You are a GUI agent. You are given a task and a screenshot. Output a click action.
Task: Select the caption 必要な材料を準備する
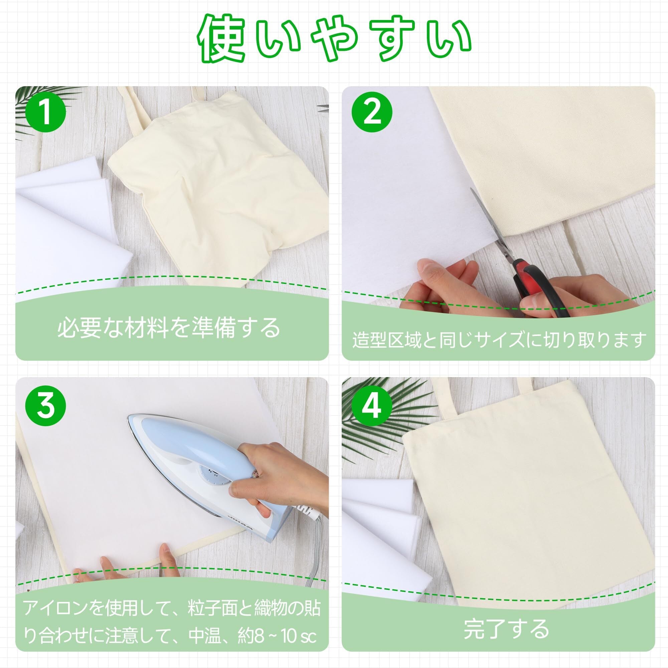[169, 328]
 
